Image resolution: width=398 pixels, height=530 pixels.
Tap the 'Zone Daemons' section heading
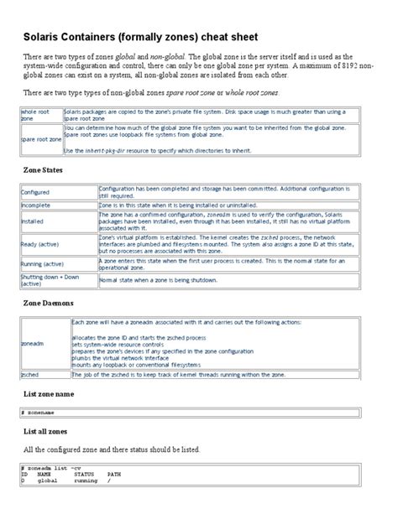pyautogui.click(x=49, y=302)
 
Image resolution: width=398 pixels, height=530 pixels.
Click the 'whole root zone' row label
pyautogui.click(x=34, y=116)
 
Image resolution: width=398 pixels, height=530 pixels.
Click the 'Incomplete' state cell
pyautogui.click(x=38, y=205)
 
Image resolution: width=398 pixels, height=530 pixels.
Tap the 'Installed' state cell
pyautogui.click(x=33, y=221)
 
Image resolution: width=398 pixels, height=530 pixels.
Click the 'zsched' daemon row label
pyautogui.click(x=30, y=373)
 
